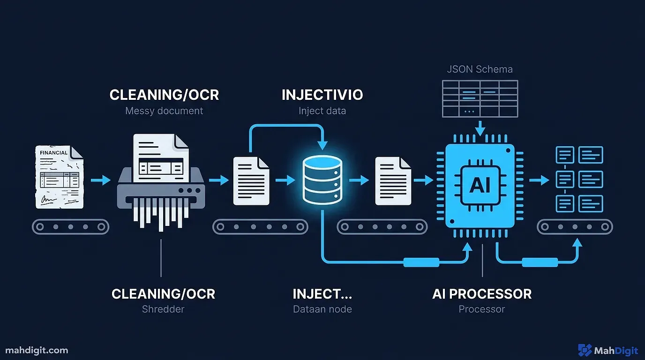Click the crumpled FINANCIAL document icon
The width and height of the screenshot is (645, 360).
(x=60, y=177)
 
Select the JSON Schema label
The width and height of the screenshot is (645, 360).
(x=480, y=69)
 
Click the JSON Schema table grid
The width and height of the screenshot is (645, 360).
(x=480, y=98)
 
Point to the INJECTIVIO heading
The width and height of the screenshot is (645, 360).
(x=322, y=95)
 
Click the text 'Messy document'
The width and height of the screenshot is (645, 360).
(x=164, y=111)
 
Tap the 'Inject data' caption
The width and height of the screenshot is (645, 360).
(x=322, y=111)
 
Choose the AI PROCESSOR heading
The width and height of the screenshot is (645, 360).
(x=481, y=294)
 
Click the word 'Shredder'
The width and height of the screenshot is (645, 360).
(x=163, y=309)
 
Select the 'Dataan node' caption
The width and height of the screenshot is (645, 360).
(x=322, y=309)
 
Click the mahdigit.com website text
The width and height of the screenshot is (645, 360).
(x=37, y=350)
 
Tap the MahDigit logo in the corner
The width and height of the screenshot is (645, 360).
(x=607, y=350)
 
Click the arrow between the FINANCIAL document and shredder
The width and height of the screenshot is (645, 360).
(x=100, y=180)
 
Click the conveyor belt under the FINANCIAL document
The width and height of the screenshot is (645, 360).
(x=71, y=227)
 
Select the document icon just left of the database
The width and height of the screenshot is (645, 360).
(x=251, y=181)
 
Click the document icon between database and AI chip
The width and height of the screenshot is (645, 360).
(x=393, y=181)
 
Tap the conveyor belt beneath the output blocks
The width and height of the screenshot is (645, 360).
(x=575, y=227)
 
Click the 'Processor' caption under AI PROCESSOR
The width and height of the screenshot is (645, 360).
(x=481, y=309)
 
